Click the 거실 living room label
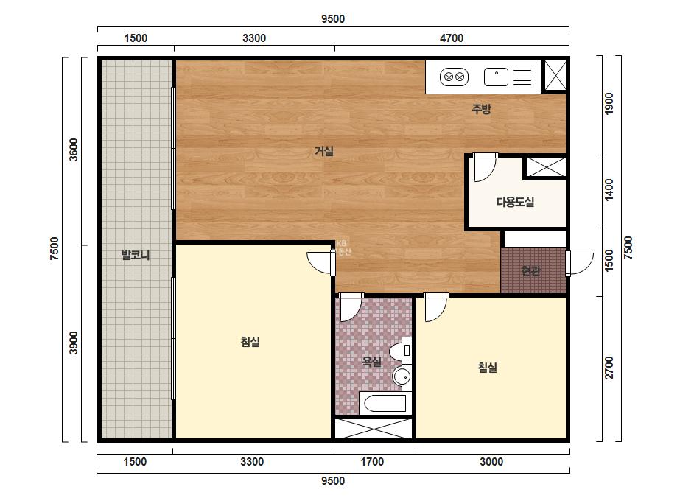pyautogui.click(x=324, y=151)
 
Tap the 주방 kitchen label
pyautogui.click(x=481, y=109)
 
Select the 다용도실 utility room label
pyautogui.click(x=515, y=202)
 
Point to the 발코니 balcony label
pyautogui.click(x=136, y=255)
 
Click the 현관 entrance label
pyautogui.click(x=531, y=271)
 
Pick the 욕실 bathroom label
pyautogui.click(x=371, y=362)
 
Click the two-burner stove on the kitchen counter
pyautogui.click(x=454, y=77)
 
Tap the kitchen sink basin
pyautogui.click(x=496, y=77)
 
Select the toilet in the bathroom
pyautogui.click(x=400, y=351)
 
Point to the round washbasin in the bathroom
pyautogui.click(x=402, y=376)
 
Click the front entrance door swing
pyautogui.click(x=580, y=264)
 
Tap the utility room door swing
pyautogui.click(x=485, y=167)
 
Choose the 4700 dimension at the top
pyautogui.click(x=452, y=38)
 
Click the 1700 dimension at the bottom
pyautogui.click(x=372, y=462)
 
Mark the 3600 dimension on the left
pyautogui.click(x=74, y=150)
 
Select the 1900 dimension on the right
pyautogui.click(x=609, y=104)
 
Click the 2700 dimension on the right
pyautogui.click(x=609, y=368)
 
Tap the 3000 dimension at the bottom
pyautogui.click(x=491, y=462)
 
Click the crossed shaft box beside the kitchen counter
pyautogui.click(x=555, y=75)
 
